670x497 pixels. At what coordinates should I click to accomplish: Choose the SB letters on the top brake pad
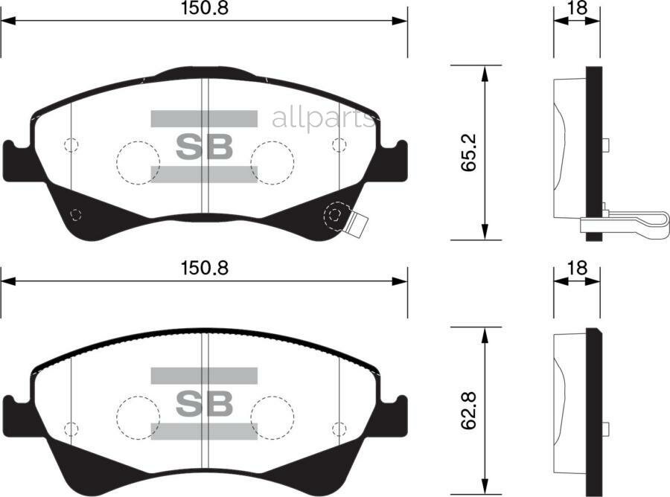pos(204,147)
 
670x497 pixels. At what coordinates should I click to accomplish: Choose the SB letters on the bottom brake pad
pos(204,403)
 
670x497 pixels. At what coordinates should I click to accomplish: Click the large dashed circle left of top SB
pos(138,161)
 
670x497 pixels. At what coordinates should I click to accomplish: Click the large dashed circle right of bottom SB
pos(271,417)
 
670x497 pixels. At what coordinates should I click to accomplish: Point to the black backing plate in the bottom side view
pos(593,413)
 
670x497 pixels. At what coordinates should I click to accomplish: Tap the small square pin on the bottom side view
pos(605,429)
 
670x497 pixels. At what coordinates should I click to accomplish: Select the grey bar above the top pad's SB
pos(204,119)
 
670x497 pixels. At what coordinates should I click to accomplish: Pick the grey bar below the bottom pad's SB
pos(204,431)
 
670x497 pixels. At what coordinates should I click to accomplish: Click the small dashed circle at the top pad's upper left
pos(71,145)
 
